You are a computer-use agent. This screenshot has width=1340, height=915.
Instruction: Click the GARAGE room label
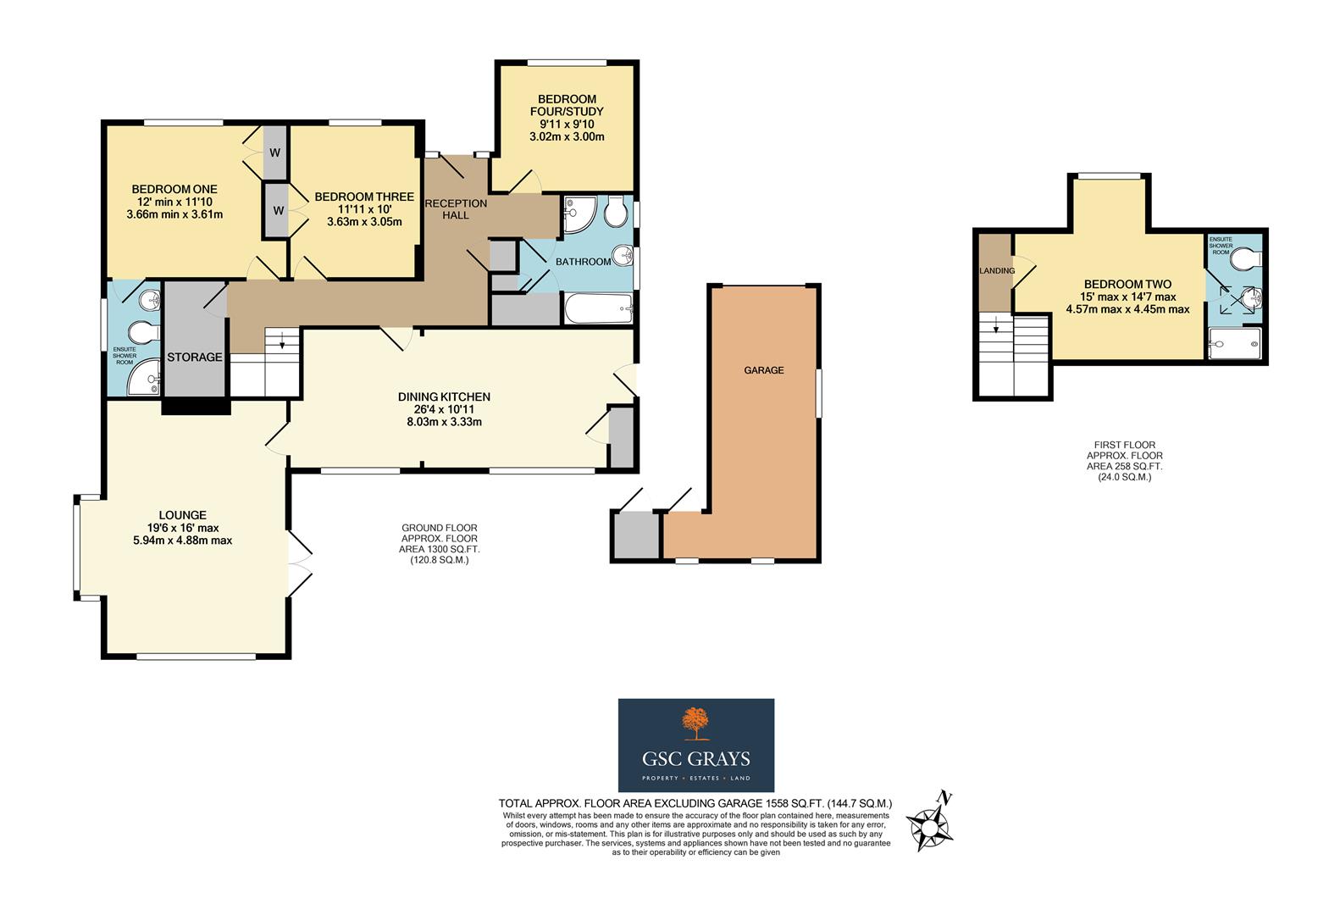tap(763, 370)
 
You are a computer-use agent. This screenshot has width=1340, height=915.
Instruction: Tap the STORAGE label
tap(195, 358)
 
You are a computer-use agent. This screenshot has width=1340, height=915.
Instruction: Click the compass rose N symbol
tap(945, 798)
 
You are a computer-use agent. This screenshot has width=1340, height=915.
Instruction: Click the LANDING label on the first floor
tap(996, 271)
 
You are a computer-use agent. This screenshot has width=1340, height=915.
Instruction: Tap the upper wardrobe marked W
tap(275, 153)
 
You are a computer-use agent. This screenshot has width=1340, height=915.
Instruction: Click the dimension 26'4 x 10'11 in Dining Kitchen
tap(444, 409)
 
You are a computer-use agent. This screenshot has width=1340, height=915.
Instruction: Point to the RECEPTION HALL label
tap(456, 209)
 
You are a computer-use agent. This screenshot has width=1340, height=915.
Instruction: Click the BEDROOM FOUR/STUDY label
tap(567, 105)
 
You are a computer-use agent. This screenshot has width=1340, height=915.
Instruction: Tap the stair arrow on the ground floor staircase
tap(281, 342)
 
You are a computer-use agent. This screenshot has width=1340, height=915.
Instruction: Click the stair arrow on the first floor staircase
tap(996, 325)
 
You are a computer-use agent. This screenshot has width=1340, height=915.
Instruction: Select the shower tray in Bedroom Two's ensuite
tap(1234, 343)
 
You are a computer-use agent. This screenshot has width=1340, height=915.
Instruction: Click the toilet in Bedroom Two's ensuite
tap(1245, 257)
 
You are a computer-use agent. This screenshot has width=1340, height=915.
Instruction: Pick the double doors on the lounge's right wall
tap(298, 563)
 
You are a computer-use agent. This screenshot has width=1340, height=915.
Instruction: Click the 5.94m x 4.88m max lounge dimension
tap(182, 541)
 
